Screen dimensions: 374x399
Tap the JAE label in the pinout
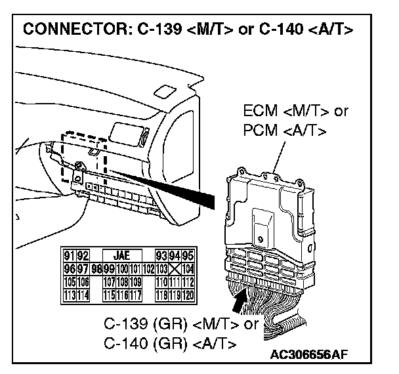tap(121, 255)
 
